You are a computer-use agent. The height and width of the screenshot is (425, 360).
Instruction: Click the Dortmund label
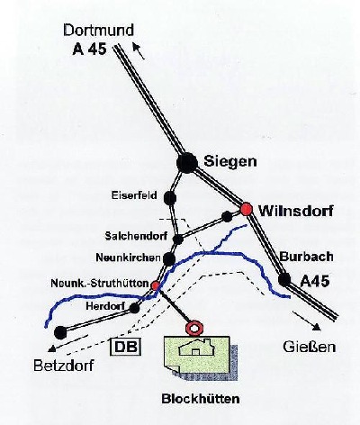coord(98,31)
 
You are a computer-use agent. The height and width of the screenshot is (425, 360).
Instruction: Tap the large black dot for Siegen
coord(187,163)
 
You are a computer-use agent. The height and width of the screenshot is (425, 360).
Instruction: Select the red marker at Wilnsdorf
coord(247,209)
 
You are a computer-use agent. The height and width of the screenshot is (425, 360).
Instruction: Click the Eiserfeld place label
coord(134,195)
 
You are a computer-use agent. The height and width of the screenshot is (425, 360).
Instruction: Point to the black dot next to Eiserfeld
coord(170,198)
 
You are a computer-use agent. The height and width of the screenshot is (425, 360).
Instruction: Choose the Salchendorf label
coord(136,236)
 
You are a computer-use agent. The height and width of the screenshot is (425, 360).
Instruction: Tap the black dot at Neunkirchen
coord(169,259)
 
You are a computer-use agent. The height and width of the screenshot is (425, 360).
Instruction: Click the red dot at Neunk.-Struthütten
coord(156,285)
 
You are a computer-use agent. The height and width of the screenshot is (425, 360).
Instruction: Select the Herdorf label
coord(106,306)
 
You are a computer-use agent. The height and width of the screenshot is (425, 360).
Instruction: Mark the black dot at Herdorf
coord(134,308)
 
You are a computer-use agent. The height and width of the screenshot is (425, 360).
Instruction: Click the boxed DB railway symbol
coord(126,347)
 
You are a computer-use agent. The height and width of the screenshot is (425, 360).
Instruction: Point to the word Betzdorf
coord(64,366)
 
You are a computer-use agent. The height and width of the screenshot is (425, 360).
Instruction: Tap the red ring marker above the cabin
coord(194,328)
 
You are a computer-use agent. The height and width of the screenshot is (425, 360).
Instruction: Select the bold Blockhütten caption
coord(201,399)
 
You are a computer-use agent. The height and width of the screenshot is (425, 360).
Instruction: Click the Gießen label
coord(309,347)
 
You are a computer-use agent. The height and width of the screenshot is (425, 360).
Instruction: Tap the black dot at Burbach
coord(284,279)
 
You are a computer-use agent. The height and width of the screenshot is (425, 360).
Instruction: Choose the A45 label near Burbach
coord(315,281)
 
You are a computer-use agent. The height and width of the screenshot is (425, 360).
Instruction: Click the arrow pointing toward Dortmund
coord(139,51)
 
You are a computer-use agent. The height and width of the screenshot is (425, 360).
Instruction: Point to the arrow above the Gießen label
coord(305,321)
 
